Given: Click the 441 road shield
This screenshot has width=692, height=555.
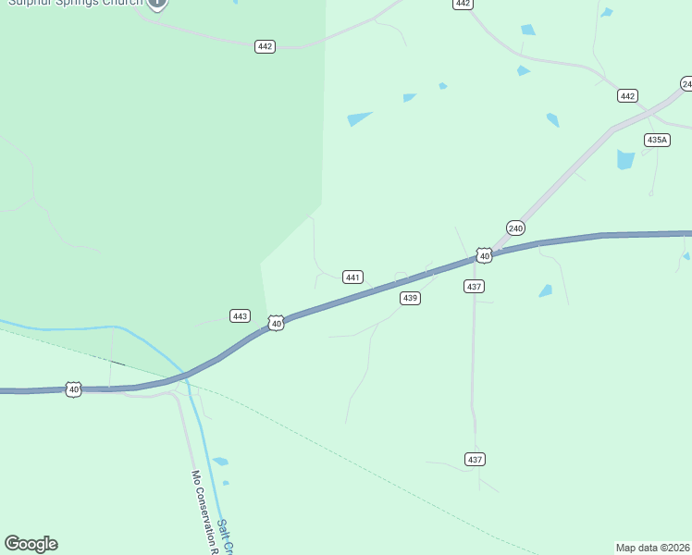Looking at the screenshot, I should pyautogui.click(x=352, y=277).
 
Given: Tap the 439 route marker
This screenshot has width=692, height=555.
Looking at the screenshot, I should pyautogui.click(x=411, y=298).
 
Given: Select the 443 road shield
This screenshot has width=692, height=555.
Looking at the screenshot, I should pyautogui.click(x=240, y=316).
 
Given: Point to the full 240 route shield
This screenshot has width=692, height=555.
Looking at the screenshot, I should pyautogui.click(x=515, y=228).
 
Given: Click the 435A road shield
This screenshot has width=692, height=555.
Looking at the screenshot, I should pyautogui.click(x=656, y=140).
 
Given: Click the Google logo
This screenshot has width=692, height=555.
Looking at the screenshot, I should pyautogui.click(x=31, y=544).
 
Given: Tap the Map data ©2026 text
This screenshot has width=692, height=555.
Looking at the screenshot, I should pyautogui.click(x=652, y=547).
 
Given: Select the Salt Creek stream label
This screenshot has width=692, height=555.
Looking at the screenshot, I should pyautogui.click(x=225, y=537).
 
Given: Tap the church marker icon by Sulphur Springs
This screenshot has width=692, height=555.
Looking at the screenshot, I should pyautogui.click(x=157, y=4).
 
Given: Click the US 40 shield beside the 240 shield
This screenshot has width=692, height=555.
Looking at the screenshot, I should pyautogui.click(x=484, y=255).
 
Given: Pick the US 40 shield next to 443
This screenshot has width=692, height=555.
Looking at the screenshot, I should pyautogui.click(x=276, y=323).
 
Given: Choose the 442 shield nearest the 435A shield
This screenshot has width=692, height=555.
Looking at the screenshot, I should pyautogui.click(x=627, y=96).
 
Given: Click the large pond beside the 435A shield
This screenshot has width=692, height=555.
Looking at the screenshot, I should pyautogui.click(x=626, y=159).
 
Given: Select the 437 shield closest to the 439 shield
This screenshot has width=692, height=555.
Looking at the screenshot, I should pyautogui.click(x=474, y=287).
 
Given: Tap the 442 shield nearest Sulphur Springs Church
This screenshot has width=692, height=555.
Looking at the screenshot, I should pyautogui.click(x=265, y=46).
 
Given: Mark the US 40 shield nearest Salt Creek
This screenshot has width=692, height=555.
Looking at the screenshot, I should pyautogui.click(x=74, y=389).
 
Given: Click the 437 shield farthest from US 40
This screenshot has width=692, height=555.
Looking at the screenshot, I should pyautogui.click(x=475, y=459).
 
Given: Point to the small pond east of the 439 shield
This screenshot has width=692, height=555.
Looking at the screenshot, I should pyautogui.click(x=546, y=290).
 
